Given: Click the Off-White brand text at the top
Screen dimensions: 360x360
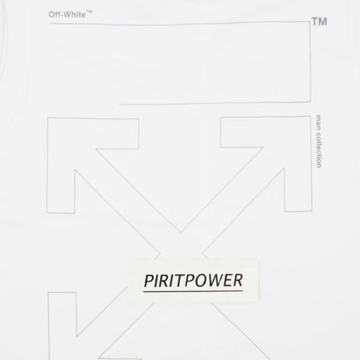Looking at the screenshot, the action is pyautogui.click(x=67, y=15).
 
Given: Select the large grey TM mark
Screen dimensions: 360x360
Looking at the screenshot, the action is pyautogui.click(x=319, y=22).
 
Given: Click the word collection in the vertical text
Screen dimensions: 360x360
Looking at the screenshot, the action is pyautogui.click(x=318, y=150).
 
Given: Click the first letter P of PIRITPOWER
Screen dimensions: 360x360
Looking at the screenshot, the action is pyautogui.click(x=149, y=281).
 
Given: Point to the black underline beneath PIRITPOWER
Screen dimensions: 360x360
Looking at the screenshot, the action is pyautogui.click(x=193, y=291).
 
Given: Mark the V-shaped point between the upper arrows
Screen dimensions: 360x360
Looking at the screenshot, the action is pyautogui.click(x=181, y=232).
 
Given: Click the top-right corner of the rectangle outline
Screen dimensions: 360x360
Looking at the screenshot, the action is pyautogui.click(x=310, y=22).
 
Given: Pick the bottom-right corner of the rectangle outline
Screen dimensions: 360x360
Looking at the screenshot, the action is pyautogui.click(x=311, y=101).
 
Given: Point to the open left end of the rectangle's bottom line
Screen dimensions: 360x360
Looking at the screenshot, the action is pyautogui.click(x=119, y=104).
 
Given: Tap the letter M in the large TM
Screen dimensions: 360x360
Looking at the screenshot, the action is pyautogui.click(x=323, y=22).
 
